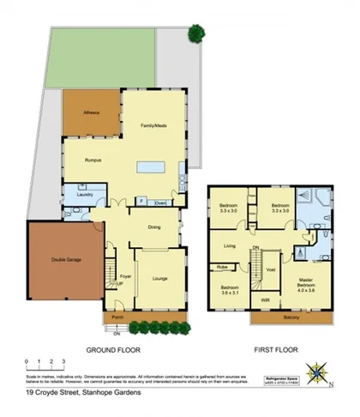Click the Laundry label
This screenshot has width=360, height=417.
point(84,194)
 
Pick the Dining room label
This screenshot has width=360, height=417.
point(153,227)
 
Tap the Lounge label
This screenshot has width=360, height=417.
point(160,279)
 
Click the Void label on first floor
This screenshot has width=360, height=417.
point(271,269)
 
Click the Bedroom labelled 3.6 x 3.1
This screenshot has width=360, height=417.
point(230,289)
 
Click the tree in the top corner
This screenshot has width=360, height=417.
point(196,34)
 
